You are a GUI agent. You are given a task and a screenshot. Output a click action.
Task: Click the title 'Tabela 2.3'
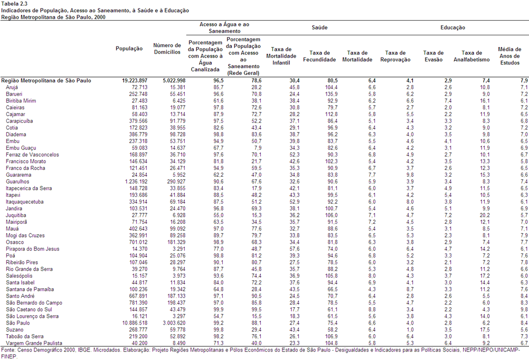coord(14,4)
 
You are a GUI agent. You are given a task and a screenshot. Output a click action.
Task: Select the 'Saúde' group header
coord(319,27)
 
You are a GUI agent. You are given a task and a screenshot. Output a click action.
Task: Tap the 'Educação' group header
coord(452,27)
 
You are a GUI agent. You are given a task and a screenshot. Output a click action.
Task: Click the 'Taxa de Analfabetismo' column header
coord(471,56)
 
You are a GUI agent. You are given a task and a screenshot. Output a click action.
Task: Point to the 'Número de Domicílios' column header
coord(167,49)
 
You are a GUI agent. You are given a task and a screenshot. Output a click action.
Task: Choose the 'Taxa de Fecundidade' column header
coord(319,56)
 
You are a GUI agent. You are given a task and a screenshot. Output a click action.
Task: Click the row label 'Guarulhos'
coord(17,182)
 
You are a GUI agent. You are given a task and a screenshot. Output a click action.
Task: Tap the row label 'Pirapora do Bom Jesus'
coord(32,249)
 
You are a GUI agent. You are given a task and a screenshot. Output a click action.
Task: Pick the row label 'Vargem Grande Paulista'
coord(34,343)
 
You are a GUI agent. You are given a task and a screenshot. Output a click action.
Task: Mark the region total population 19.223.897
coord(135,81)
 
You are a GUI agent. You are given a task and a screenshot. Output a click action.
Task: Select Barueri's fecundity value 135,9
coord(332,94)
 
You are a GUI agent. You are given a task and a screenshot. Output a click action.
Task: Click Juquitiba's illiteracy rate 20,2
coord(485,215)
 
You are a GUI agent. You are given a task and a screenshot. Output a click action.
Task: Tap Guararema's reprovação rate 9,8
coord(410,175)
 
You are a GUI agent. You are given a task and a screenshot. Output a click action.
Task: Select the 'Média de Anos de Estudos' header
coord(510,56)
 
